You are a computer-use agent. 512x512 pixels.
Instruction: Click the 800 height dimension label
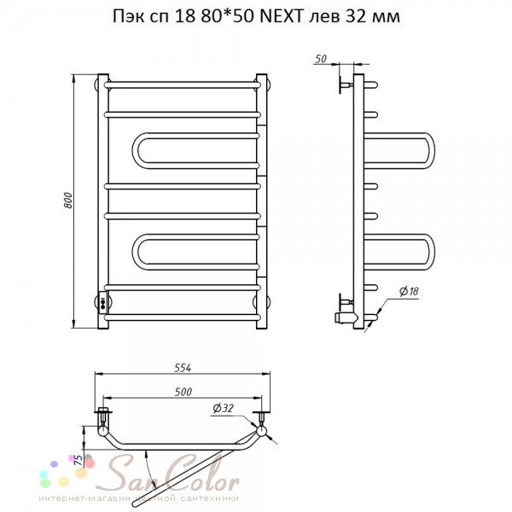tap(68, 201)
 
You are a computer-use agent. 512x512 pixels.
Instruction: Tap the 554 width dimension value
tap(183, 368)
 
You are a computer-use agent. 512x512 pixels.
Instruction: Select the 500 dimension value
tap(183, 392)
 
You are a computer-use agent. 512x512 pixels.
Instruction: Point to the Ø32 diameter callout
tap(223, 408)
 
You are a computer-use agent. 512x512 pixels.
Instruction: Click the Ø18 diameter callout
tap(409, 291)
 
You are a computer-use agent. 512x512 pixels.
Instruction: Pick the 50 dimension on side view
tap(321, 59)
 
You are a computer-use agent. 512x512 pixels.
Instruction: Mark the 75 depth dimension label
tap(79, 460)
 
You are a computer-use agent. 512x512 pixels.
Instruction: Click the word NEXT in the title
tap(281, 16)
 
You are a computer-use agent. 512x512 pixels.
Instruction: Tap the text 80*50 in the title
tap(227, 16)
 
